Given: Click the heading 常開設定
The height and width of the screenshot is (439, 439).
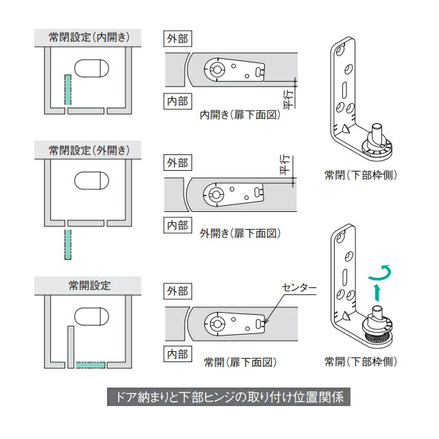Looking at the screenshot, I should (x=90, y=285).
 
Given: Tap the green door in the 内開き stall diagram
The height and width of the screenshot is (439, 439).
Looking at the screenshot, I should (x=67, y=90).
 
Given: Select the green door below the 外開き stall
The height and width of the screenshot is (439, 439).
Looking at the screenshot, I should (x=67, y=244).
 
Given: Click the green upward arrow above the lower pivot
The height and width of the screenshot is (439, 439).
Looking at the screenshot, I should (x=377, y=293).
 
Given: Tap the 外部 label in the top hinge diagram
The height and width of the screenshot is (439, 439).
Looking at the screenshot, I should (x=178, y=38).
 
